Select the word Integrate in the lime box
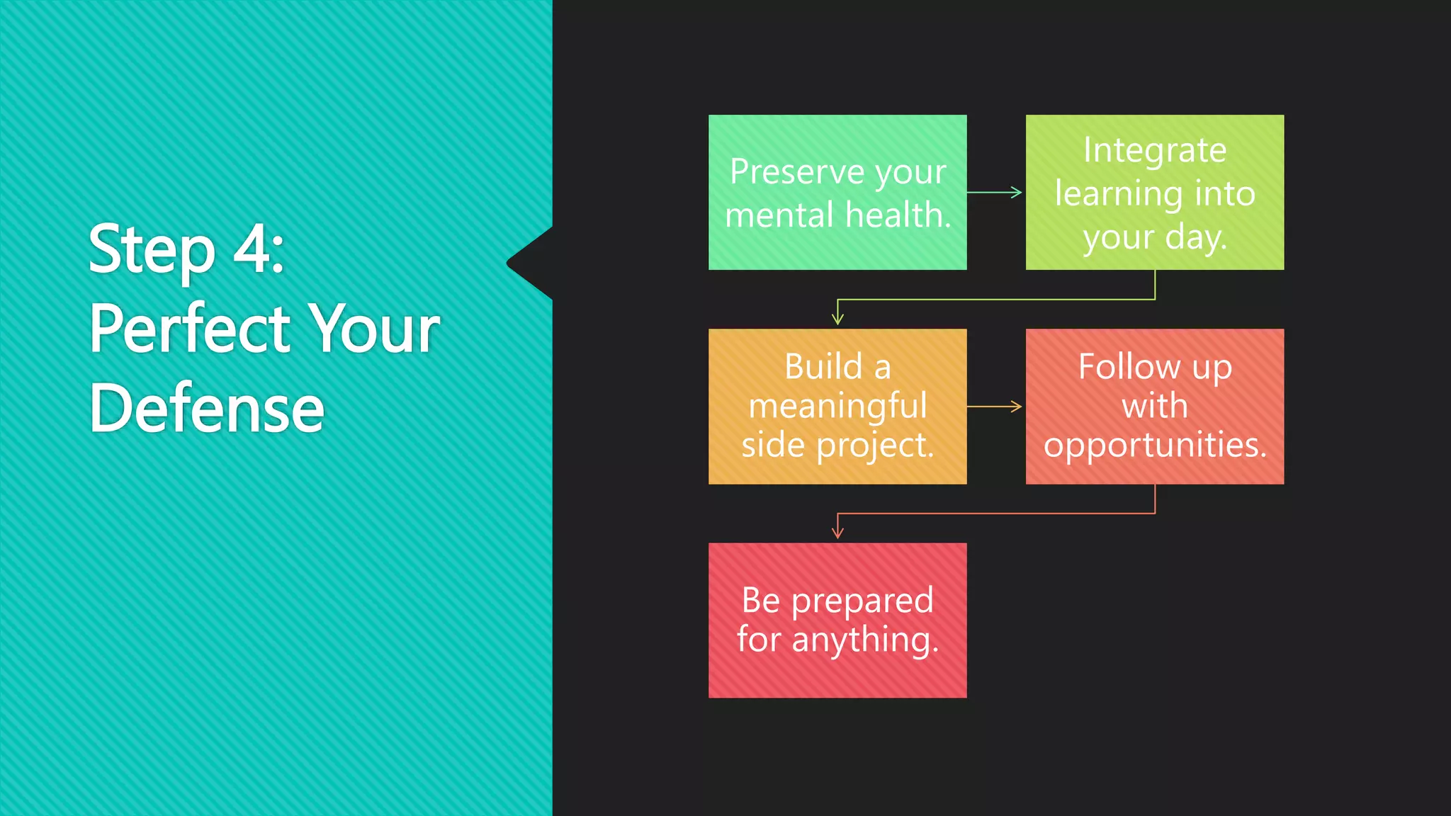click(x=1154, y=151)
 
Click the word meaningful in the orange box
click(x=837, y=406)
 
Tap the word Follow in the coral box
click(x=1129, y=367)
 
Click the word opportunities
click(x=1154, y=445)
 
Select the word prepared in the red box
click(x=862, y=601)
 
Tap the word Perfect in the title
click(x=189, y=329)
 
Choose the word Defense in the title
click(x=206, y=409)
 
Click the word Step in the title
click(x=151, y=250)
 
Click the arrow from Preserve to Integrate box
click(x=995, y=192)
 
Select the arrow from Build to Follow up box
click(x=995, y=407)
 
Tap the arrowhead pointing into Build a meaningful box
click(x=837, y=319)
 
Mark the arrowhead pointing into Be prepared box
click(x=837, y=533)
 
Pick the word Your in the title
click(x=376, y=329)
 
